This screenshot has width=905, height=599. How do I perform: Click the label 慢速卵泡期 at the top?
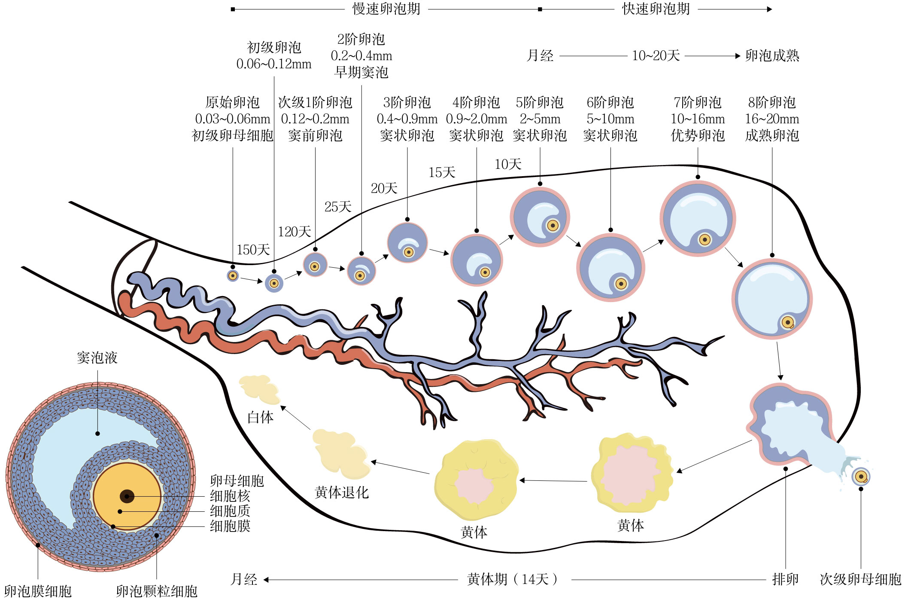[x=386, y=9]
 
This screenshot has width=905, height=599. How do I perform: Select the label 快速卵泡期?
[x=656, y=9]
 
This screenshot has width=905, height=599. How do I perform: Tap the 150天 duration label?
[x=253, y=250]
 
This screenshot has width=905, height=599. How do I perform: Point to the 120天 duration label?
[x=294, y=232]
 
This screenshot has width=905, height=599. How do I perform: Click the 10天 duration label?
[x=508, y=164]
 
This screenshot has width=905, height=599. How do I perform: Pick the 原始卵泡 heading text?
[x=232, y=102]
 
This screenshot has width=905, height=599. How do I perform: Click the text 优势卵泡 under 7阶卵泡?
[x=698, y=136]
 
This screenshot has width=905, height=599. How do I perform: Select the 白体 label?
[x=260, y=417]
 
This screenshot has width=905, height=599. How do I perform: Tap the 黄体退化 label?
[x=341, y=492]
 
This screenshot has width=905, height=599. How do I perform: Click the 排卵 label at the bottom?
[x=785, y=579]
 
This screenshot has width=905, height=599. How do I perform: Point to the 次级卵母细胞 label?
[x=860, y=579]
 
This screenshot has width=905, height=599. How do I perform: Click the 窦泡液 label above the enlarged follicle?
[x=97, y=358]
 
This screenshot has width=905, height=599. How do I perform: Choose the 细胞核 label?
[x=230, y=496]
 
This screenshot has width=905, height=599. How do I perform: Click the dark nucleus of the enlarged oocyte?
[x=127, y=496]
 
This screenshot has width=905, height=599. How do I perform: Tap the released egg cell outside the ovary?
[x=861, y=477]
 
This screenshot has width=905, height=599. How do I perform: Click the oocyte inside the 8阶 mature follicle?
[x=788, y=322]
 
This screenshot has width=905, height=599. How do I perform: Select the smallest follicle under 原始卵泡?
[x=233, y=276]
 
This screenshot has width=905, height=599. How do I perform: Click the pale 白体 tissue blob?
[x=259, y=389]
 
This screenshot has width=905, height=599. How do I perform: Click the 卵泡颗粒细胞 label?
[x=156, y=591]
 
